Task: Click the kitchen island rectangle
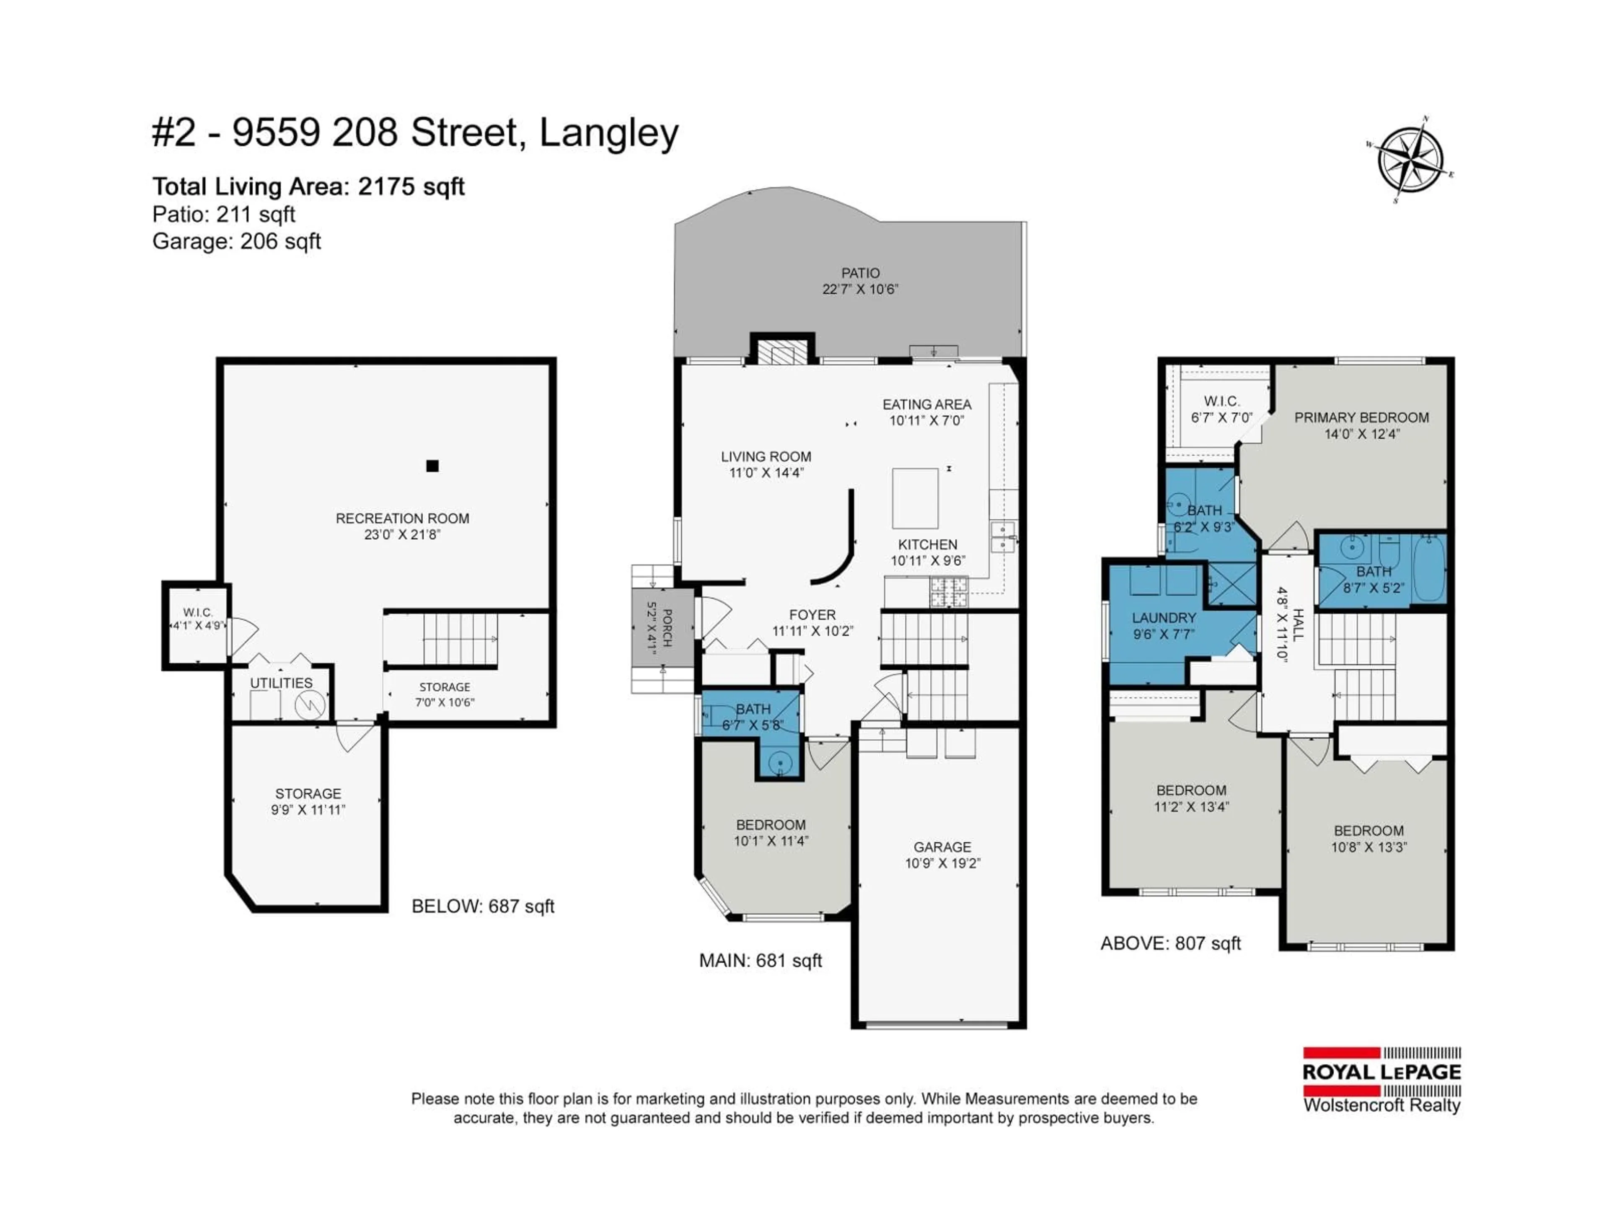915,498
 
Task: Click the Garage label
942,847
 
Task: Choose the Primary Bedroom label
1361,417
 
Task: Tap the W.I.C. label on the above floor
1221,401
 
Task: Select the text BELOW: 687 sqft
483,907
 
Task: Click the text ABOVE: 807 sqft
1170,944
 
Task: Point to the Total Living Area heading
308,187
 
